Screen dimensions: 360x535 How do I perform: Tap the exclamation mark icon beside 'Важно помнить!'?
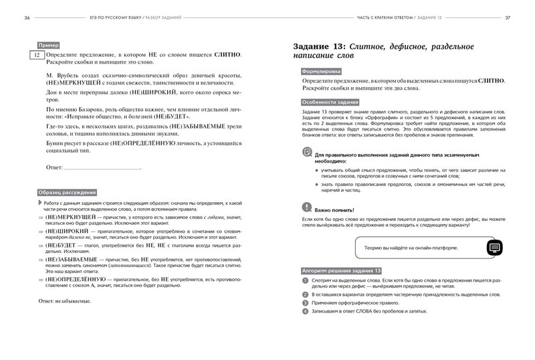pyautogui.click(x=306, y=208)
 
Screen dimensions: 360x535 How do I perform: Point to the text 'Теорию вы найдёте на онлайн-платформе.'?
pyautogui.click(x=411, y=248)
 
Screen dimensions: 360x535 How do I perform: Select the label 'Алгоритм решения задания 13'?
pyautogui.click(x=340, y=269)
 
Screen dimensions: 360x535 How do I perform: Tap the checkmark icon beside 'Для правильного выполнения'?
pyautogui.click(x=306, y=153)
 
